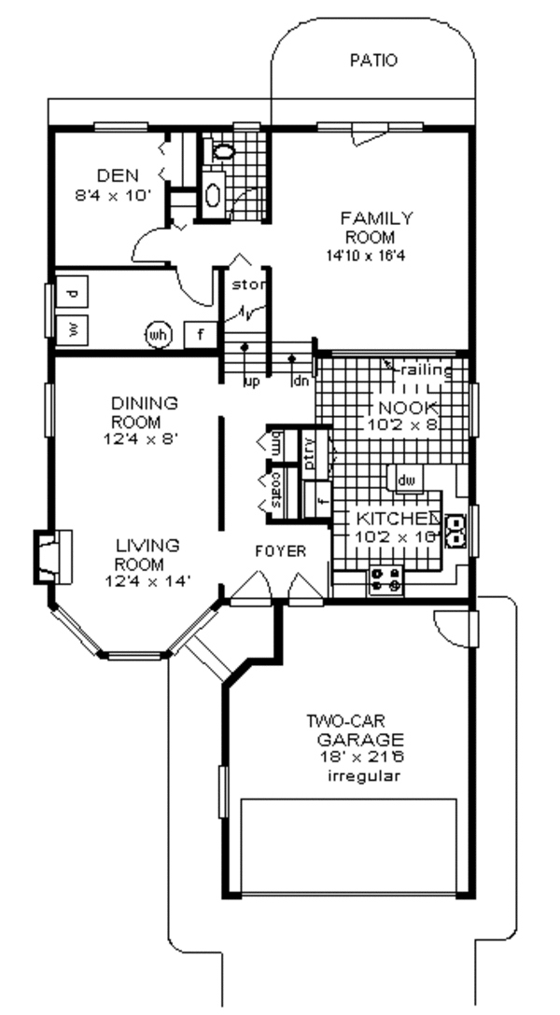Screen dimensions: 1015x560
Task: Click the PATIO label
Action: (x=372, y=62)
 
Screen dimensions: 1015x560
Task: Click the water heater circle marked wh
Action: (x=158, y=333)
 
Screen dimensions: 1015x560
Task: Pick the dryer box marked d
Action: (x=73, y=292)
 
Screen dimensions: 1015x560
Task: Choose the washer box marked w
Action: (x=73, y=328)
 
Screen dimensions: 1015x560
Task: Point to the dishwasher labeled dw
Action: (x=405, y=480)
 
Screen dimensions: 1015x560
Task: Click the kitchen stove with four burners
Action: (x=386, y=581)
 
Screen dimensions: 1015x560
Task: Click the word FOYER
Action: (x=280, y=551)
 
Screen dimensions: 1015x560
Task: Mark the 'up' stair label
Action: (x=250, y=381)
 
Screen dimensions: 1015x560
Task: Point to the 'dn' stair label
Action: (x=301, y=381)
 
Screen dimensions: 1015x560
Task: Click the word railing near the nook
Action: (x=427, y=371)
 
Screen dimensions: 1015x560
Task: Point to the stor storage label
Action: (x=248, y=284)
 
